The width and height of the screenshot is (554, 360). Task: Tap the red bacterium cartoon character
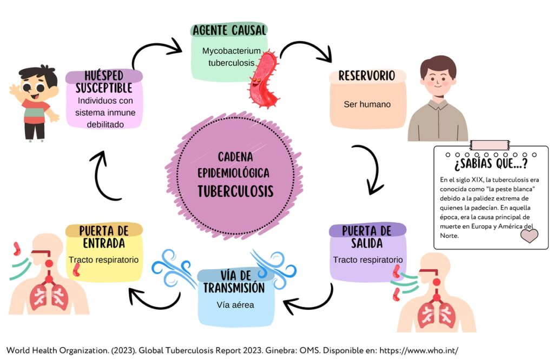tap(263, 79)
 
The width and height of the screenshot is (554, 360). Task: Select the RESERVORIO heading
tap(367, 76)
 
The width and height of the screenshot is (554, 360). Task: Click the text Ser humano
tap(367, 104)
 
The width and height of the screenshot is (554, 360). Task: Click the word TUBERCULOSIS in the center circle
tap(235, 191)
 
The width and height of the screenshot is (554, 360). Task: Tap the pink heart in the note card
tap(529, 236)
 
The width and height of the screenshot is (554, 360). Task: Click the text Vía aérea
tap(235, 304)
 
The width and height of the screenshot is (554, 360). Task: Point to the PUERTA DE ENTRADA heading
tap(103, 236)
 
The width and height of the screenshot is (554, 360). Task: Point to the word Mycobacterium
tap(228, 51)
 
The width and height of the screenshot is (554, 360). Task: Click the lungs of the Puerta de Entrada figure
tap(49, 296)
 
